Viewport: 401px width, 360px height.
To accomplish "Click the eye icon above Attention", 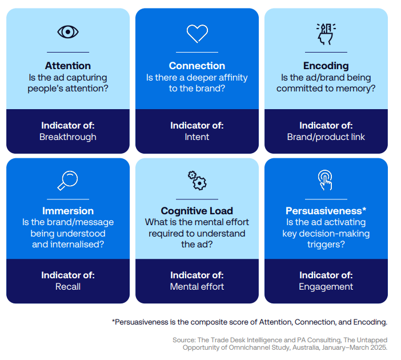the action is pyautogui.click(x=68, y=32).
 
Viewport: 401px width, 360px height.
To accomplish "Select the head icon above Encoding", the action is pyautogui.click(x=326, y=34).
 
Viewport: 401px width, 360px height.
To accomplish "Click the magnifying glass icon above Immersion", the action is pyautogui.click(x=67, y=181).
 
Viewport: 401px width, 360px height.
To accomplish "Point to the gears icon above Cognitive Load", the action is pyautogui.click(x=197, y=181).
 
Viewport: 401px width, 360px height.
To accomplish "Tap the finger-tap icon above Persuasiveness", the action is pyautogui.click(x=325, y=180).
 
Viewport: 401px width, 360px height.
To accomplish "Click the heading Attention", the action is pyautogui.click(x=68, y=66).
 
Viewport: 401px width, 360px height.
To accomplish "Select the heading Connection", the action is pyautogui.click(x=197, y=66).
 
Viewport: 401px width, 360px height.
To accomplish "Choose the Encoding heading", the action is pyautogui.click(x=326, y=66).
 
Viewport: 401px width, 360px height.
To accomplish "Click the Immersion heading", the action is pyautogui.click(x=68, y=211).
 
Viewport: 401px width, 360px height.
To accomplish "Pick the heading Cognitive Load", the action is pyautogui.click(x=197, y=211).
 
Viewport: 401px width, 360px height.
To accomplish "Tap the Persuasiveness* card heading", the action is pyautogui.click(x=326, y=211).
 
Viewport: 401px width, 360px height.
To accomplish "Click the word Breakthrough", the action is pyautogui.click(x=68, y=137).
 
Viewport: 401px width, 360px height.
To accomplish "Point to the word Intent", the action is pyautogui.click(x=197, y=137).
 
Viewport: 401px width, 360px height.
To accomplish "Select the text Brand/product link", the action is pyautogui.click(x=326, y=137).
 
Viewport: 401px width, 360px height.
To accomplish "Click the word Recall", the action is pyautogui.click(x=68, y=286).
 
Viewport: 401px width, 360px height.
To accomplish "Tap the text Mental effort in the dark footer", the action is pyautogui.click(x=197, y=286).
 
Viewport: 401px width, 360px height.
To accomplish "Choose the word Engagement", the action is pyautogui.click(x=326, y=287).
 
